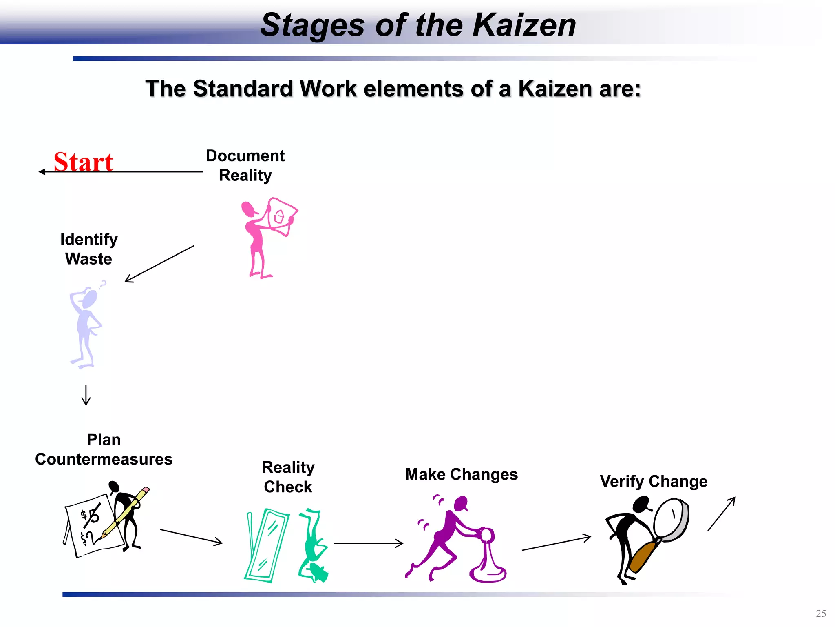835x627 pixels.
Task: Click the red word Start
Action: click(x=84, y=162)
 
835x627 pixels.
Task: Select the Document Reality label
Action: click(x=245, y=165)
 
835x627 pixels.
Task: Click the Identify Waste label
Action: click(x=88, y=249)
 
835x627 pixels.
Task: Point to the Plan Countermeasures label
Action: click(x=104, y=449)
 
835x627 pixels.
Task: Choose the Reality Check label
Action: click(x=288, y=477)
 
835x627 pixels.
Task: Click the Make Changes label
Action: click(x=461, y=474)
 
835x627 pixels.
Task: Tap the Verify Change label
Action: click(x=653, y=481)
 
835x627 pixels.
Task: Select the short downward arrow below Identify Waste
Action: click(x=86, y=395)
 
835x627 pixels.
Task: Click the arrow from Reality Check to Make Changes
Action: click(x=368, y=543)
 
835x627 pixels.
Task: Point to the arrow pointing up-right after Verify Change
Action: click(x=721, y=514)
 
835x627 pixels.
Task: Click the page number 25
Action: click(x=821, y=614)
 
